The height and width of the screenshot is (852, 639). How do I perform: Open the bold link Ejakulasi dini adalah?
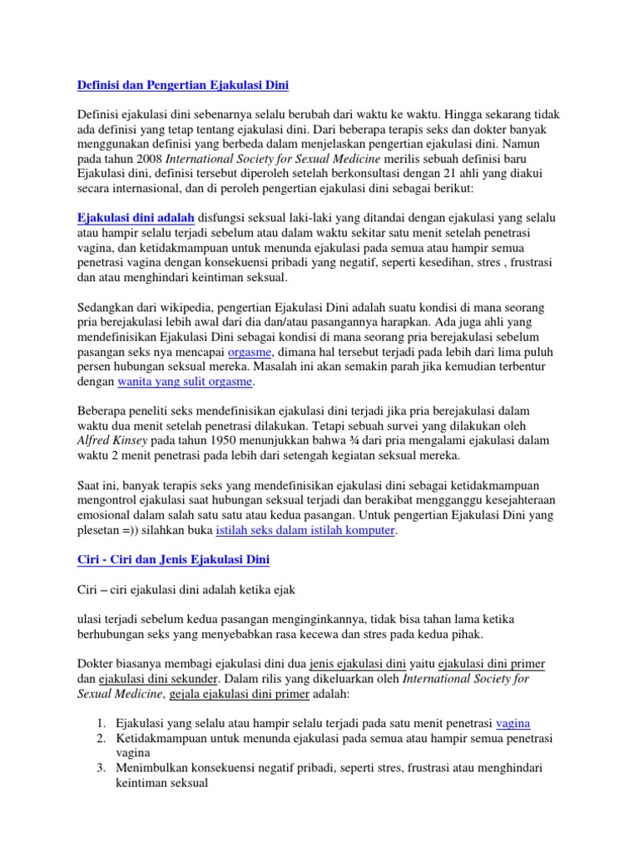136,217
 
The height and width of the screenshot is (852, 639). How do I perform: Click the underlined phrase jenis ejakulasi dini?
357,664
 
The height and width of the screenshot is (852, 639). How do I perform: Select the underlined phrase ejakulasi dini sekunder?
138,679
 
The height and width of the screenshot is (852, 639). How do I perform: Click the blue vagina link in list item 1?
513,723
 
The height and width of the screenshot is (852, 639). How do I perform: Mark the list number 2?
98,738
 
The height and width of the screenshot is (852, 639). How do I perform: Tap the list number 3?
98,768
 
